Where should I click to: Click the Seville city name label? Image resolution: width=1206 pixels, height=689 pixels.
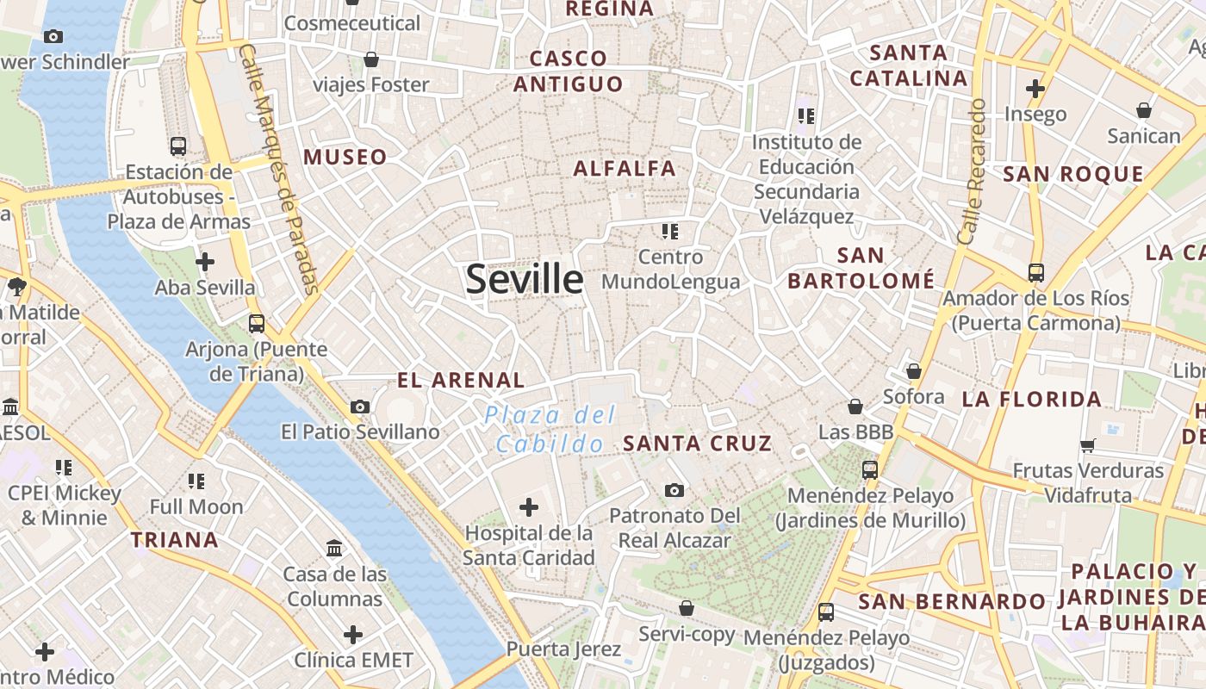(525, 280)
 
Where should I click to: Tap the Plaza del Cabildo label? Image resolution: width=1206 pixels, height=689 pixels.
(550, 429)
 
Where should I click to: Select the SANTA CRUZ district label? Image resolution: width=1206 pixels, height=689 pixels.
(697, 444)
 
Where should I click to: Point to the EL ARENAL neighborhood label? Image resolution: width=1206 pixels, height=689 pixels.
(461, 380)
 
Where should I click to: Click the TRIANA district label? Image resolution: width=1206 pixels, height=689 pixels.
(175, 540)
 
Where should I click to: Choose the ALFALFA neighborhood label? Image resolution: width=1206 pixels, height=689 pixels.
(625, 168)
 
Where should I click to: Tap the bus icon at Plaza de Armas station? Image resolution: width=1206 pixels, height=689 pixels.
(178, 146)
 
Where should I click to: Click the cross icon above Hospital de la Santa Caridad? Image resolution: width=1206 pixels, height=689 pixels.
(529, 507)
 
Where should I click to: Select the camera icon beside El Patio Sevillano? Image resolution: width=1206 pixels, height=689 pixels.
(360, 407)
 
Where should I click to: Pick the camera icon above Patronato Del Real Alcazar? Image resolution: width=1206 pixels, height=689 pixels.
(674, 490)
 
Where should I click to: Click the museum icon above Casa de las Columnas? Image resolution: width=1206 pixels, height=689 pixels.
(333, 548)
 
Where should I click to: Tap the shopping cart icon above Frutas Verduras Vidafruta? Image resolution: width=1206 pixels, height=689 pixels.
(1088, 445)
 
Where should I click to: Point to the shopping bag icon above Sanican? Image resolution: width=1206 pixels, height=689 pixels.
(1144, 110)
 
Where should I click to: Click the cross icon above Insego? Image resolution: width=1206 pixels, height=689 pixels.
(1035, 88)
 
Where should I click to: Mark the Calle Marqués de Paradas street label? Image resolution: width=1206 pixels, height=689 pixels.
(278, 168)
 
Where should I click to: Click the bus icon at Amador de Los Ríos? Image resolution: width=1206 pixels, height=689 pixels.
(1036, 273)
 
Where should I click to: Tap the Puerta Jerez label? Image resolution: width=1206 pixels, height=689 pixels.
(563, 649)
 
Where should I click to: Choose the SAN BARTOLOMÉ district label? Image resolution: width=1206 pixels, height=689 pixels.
(861, 268)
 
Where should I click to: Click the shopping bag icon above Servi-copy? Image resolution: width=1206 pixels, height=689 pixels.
(687, 608)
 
